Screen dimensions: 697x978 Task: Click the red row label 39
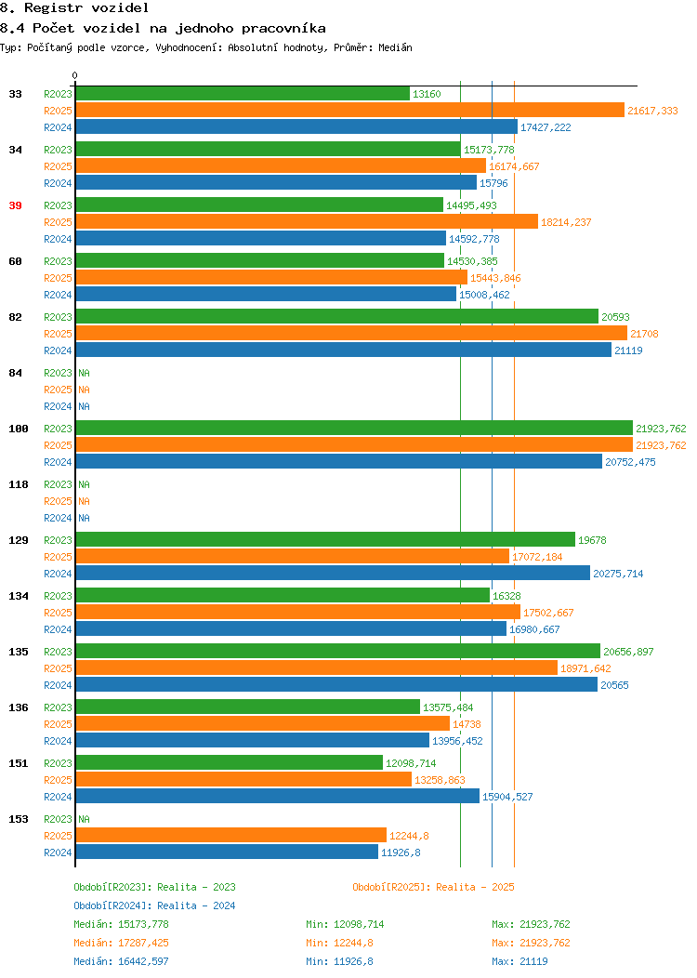(16, 205)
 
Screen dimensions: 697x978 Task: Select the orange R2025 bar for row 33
(349, 111)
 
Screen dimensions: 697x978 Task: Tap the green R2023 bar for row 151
(230, 763)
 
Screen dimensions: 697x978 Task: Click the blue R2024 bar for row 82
(344, 350)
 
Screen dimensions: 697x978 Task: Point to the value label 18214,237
(566, 223)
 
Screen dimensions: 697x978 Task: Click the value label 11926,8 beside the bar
(401, 852)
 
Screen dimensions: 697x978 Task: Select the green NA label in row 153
(85, 819)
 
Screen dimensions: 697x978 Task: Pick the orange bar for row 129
(293, 556)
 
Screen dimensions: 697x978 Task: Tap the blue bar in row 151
(278, 797)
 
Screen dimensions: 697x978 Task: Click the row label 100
(19, 430)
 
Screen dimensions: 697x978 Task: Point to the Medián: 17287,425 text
(121, 943)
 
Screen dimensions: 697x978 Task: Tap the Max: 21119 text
(519, 962)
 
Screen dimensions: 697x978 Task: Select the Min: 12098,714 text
(345, 924)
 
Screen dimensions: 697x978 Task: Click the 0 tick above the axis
(75, 76)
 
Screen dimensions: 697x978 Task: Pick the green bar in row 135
(338, 651)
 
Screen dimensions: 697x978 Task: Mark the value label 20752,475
(630, 462)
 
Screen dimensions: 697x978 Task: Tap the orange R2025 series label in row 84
(58, 390)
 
